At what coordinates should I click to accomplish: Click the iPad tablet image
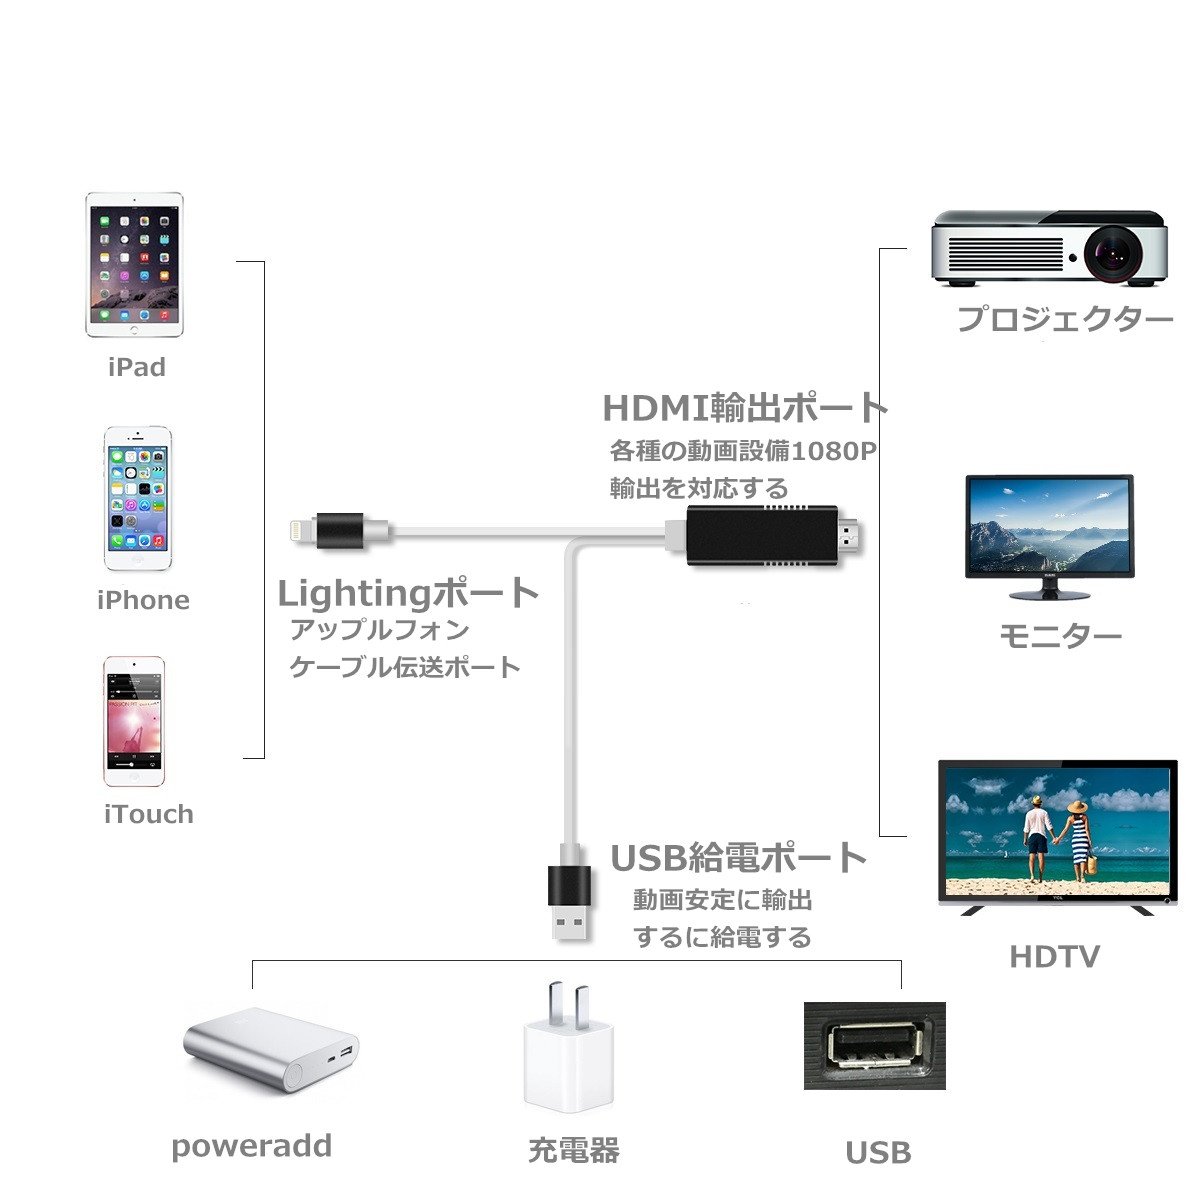[x=134, y=264]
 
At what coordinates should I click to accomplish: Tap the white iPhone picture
[x=139, y=499]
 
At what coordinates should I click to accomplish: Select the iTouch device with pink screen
[x=134, y=721]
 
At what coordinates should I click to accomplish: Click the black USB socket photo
[x=874, y=1045]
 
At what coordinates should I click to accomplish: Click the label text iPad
[x=136, y=367]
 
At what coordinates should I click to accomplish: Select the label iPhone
[x=143, y=600]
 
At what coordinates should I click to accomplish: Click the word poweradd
[x=251, y=1146]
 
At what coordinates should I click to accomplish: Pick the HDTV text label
[x=1054, y=957]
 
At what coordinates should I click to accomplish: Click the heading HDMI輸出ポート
[x=745, y=408]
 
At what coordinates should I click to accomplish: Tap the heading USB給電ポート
[x=738, y=858]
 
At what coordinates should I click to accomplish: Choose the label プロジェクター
[x=1064, y=320]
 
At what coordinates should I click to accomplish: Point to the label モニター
[x=1060, y=636]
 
